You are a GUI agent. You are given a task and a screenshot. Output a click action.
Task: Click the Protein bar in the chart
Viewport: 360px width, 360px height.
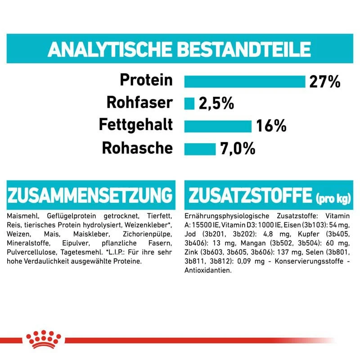tap(244, 81)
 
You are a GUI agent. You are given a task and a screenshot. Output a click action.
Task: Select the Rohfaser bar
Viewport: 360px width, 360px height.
tap(189, 103)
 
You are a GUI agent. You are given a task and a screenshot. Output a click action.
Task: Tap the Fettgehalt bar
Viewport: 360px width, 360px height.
tap(218, 126)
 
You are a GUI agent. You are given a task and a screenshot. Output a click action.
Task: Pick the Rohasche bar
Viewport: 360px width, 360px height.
tap(200, 148)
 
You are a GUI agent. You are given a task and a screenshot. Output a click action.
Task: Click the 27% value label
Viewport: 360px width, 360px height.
tap(324, 81)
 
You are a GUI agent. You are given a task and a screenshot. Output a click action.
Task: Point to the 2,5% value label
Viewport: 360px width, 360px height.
tap(216, 104)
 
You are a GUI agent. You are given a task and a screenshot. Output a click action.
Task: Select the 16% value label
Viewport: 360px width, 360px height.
tap(271, 126)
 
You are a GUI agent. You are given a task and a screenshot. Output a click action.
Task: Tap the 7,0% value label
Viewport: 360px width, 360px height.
tap(238, 148)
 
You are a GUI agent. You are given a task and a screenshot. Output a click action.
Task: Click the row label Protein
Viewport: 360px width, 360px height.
tap(146, 81)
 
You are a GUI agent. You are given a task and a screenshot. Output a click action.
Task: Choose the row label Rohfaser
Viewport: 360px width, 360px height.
tap(139, 103)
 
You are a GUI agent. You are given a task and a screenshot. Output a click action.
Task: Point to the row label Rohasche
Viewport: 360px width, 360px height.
tap(137, 148)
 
